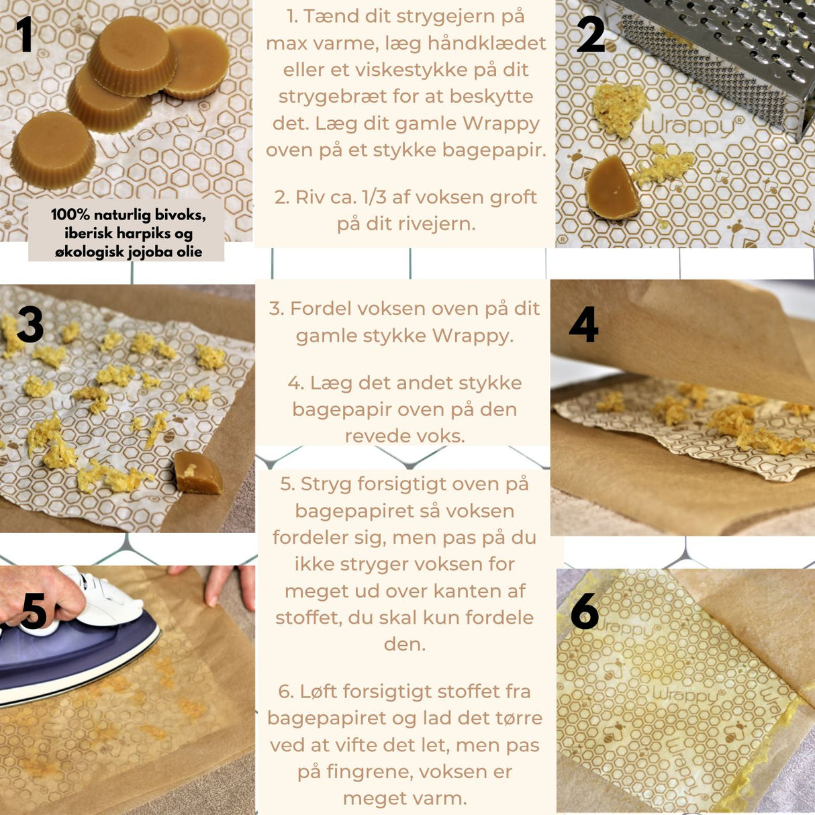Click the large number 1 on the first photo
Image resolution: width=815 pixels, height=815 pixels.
(x=25, y=35)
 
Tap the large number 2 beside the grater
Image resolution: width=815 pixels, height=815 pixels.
(x=590, y=35)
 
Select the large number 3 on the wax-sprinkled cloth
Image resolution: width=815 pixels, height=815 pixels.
(x=30, y=325)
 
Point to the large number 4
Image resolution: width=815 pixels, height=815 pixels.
(x=583, y=325)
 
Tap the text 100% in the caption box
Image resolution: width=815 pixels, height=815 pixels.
(x=70, y=215)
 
